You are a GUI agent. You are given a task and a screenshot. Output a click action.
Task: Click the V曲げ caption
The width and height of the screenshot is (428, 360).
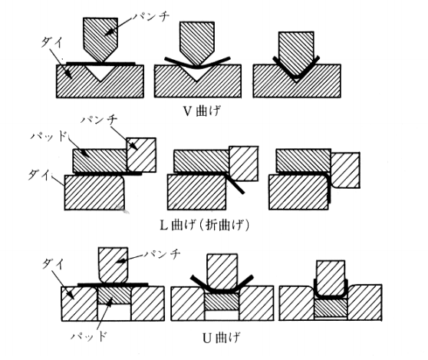202,111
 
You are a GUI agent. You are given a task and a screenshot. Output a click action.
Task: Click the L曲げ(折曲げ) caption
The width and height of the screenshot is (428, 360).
205,226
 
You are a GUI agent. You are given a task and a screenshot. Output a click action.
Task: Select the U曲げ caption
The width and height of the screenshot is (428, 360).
222,338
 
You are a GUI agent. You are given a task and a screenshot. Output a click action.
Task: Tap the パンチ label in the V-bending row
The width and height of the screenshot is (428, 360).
151,17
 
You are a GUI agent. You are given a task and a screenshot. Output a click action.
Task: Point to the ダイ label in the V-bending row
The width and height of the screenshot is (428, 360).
52,43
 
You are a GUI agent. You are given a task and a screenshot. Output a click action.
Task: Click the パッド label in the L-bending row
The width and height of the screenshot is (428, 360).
49,136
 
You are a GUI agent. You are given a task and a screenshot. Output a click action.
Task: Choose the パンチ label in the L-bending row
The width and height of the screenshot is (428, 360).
100,120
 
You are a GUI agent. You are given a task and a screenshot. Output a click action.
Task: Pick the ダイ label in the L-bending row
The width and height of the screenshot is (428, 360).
40,173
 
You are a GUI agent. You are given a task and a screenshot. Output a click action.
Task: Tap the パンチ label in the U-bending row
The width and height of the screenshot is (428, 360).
162,254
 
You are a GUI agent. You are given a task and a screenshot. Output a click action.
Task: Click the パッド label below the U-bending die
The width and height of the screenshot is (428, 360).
88,335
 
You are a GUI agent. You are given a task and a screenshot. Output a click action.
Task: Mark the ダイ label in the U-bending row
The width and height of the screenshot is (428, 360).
53,264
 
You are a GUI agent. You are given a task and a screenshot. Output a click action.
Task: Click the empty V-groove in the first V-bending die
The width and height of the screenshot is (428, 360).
100,71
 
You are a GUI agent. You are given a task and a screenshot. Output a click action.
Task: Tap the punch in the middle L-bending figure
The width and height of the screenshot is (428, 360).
243,163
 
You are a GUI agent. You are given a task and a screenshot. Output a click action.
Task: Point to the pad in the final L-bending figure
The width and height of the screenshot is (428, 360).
304,160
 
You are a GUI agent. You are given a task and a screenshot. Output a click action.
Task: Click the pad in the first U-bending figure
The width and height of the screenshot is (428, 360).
114,296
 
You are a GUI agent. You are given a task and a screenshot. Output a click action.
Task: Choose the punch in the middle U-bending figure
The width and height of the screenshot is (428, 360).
222,272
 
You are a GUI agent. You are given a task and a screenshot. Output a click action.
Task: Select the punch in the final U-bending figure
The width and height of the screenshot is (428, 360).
331,279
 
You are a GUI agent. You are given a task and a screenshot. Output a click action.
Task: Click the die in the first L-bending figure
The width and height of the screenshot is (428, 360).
94,193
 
